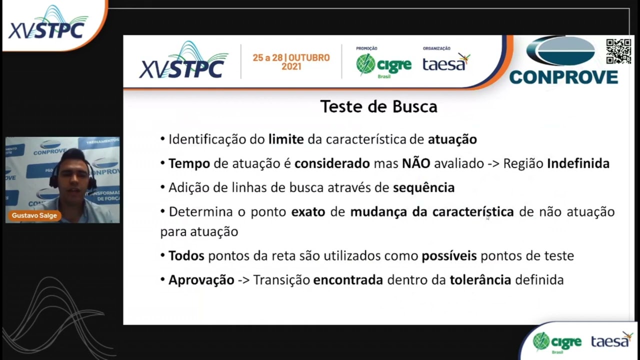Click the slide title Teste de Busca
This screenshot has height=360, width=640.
click(x=378, y=106)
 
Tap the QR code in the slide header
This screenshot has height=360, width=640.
click(x=618, y=51)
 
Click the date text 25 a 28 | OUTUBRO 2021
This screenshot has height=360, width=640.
click(x=291, y=62)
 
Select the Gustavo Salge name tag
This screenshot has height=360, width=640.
click(x=34, y=215)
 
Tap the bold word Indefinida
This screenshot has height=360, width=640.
click(x=578, y=163)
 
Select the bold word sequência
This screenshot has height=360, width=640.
click(x=423, y=187)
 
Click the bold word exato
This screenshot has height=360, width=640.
click(x=308, y=211)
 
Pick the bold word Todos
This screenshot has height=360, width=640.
click(x=186, y=255)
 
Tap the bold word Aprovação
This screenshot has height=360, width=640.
click(x=201, y=279)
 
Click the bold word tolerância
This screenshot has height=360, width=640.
click(x=480, y=279)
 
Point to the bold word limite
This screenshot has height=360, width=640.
click(x=286, y=139)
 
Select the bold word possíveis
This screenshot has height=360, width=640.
click(x=448, y=255)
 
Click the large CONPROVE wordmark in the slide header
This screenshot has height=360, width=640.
click(x=563, y=77)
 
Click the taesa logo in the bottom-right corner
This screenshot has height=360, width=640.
click(x=611, y=340)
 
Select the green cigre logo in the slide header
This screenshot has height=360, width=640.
click(x=383, y=65)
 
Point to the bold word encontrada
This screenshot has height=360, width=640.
click(x=348, y=279)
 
